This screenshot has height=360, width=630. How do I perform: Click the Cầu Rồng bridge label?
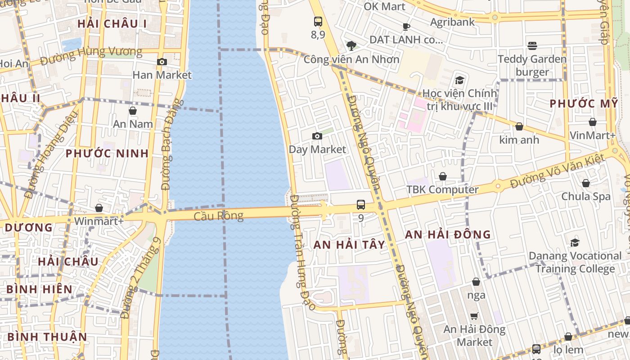click(219, 216)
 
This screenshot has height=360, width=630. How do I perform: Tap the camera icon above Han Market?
click(162, 62)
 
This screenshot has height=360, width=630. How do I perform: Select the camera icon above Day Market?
click(317, 136)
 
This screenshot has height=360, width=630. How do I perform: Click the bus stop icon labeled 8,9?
click(318, 21)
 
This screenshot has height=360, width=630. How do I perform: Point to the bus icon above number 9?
click(361, 205)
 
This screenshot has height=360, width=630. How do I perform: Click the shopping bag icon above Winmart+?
click(99, 208)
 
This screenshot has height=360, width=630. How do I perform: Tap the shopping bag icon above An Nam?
click(133, 111)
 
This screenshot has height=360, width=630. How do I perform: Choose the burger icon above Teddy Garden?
click(532, 45)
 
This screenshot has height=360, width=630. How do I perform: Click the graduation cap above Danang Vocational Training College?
click(575, 243)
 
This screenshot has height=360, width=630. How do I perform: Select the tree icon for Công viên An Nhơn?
click(351, 45)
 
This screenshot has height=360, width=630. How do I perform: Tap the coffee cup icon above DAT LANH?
click(406, 27)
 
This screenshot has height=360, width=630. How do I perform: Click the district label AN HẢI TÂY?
click(350, 245)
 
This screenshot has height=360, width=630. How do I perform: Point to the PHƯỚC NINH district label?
click(107, 153)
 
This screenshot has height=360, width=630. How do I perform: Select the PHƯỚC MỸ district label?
click(584, 103)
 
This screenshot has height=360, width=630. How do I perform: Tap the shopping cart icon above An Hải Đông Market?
click(474, 316)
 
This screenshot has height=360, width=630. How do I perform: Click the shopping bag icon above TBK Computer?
click(443, 176)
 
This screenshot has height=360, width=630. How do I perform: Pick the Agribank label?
click(452, 22)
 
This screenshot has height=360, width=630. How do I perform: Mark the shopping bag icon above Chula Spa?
click(586, 183)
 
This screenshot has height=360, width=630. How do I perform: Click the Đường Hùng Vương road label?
click(91, 55)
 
